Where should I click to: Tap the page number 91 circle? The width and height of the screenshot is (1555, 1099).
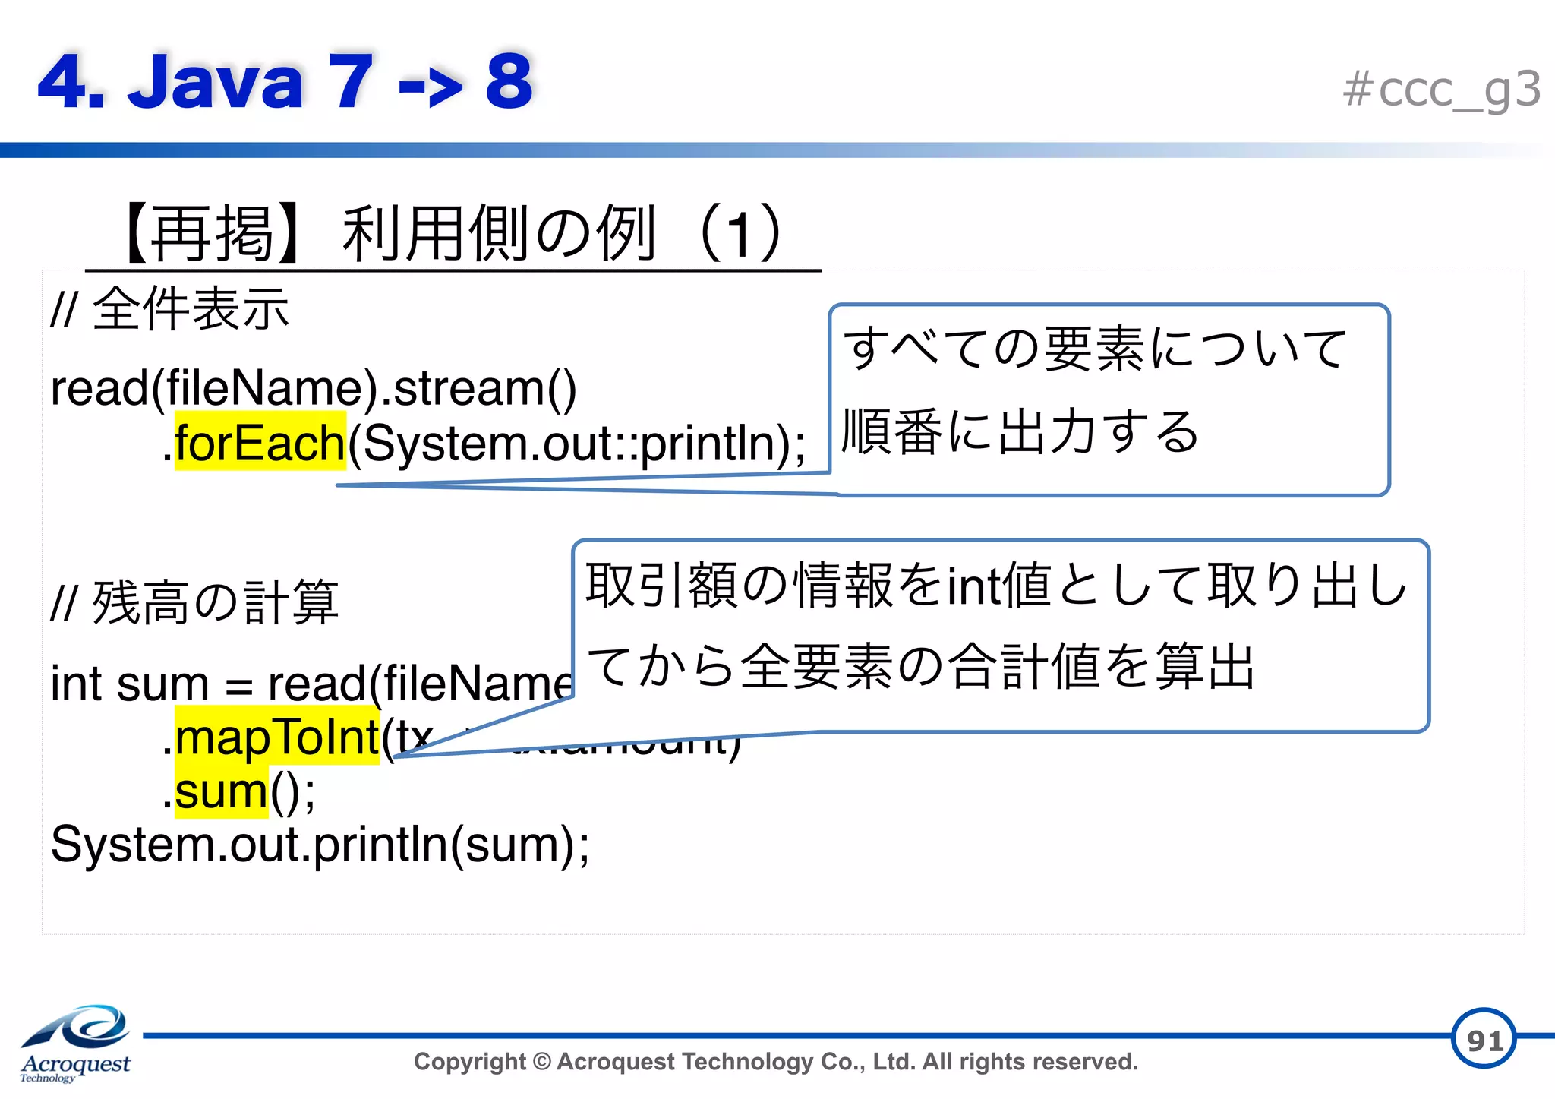click(1484, 1039)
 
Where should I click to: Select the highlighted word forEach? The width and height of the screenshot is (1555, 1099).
click(260, 443)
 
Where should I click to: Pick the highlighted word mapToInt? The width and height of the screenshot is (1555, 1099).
click(276, 737)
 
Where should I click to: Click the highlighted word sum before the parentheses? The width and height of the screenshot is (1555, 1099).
click(221, 792)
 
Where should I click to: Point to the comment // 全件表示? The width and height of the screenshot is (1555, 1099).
click(169, 309)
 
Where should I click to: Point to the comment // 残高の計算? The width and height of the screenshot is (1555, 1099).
click(194, 602)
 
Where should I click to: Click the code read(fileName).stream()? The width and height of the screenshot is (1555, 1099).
click(313, 389)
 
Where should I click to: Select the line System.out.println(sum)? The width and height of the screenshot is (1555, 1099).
click(320, 845)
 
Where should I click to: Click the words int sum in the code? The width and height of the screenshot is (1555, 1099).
click(129, 684)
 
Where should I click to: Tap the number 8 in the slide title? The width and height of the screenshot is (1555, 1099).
click(509, 81)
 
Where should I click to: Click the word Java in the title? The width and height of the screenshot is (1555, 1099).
click(216, 81)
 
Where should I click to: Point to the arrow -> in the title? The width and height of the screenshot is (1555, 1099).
click(430, 85)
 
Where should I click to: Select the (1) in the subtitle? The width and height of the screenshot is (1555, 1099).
click(740, 234)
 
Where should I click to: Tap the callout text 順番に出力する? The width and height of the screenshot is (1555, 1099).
click(1020, 431)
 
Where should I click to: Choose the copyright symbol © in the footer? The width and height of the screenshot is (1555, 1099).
click(541, 1062)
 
